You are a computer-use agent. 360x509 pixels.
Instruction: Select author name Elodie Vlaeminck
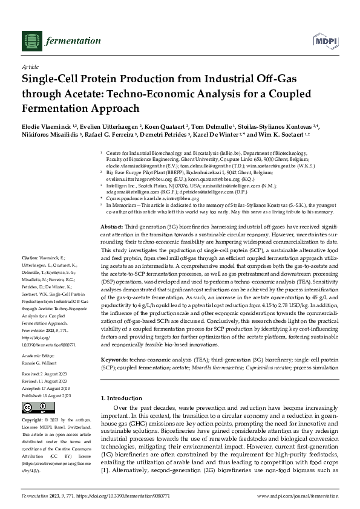[45, 126]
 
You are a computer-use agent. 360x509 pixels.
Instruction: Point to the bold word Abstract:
[113, 225]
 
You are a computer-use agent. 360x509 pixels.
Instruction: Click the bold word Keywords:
[114, 342]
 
